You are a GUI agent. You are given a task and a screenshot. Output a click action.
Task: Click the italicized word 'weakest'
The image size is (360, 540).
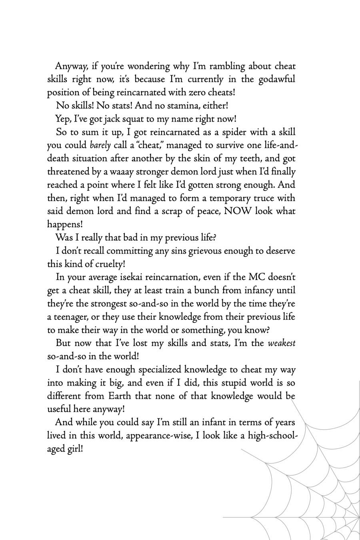coord(282,343)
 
